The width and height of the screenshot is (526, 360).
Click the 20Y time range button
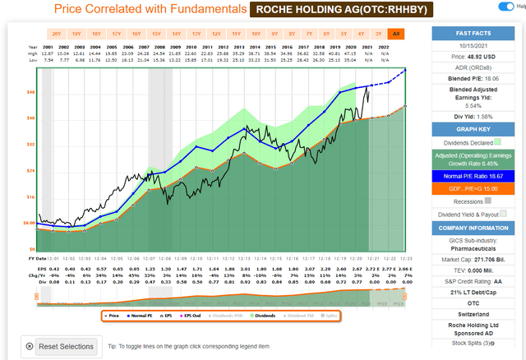(x=56, y=34)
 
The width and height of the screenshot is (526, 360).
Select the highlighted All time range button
(x=396, y=34)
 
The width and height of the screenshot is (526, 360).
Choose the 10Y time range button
(x=254, y=34)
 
